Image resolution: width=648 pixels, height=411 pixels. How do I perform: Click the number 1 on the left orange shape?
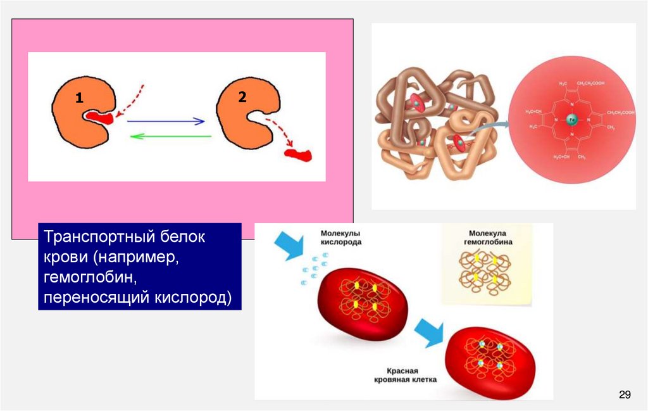coord(78,98)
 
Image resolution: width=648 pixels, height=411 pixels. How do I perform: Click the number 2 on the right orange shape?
coord(242,97)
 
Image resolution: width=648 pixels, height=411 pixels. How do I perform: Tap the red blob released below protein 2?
coord(298,154)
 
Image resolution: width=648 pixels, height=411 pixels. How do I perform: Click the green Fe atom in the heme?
coord(571,118)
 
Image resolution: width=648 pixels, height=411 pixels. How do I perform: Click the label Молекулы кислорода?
coord(341,237)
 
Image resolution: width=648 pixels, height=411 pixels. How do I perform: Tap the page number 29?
coord(625,395)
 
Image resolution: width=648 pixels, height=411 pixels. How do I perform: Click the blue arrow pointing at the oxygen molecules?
coord(288,244)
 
